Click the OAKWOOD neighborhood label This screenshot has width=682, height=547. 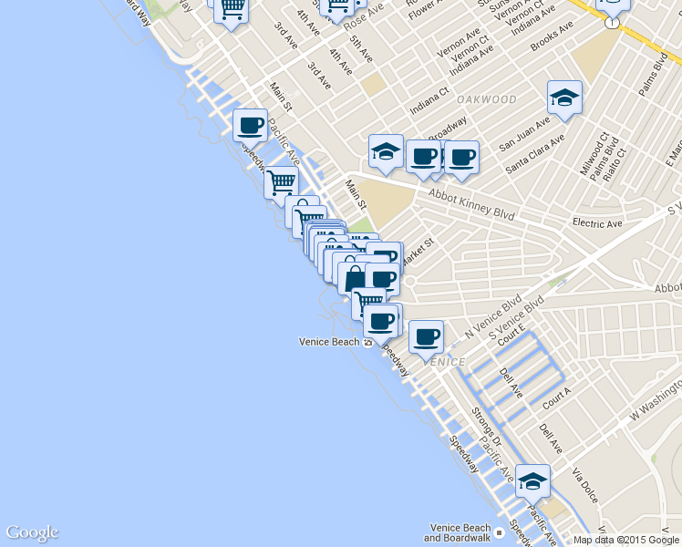[x=486, y=99]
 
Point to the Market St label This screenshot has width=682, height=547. [x=420, y=247]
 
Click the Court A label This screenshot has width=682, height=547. [x=555, y=397]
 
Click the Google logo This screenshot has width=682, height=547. [x=32, y=532]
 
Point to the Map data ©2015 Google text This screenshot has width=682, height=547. [x=626, y=540]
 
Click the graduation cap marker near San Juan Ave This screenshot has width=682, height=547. [x=564, y=98]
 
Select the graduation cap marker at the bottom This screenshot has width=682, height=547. [x=532, y=480]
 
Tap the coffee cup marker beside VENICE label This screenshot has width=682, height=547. [x=426, y=337]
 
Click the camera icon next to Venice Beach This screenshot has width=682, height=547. [x=368, y=343]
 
